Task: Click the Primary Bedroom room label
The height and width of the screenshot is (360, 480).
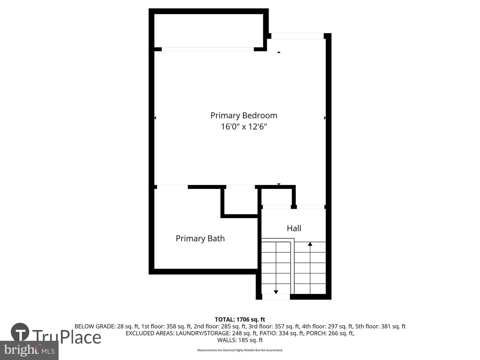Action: click(244, 115)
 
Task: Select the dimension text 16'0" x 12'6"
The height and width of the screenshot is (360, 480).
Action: click(244, 127)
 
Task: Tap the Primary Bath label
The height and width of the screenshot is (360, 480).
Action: click(200, 238)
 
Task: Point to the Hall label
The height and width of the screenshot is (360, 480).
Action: click(294, 228)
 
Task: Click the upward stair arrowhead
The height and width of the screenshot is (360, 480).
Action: click(310, 244)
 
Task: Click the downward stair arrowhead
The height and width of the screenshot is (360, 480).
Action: click(276, 292)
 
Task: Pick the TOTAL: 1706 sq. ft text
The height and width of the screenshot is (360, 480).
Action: click(240, 320)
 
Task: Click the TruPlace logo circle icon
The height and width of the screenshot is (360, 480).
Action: click(20, 332)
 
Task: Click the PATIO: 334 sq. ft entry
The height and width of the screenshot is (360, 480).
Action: click(282, 333)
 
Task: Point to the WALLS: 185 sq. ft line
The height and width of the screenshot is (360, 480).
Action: click(240, 340)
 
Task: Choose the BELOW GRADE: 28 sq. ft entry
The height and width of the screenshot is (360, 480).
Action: click(106, 326)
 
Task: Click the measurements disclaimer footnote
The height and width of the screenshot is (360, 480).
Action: click(240, 350)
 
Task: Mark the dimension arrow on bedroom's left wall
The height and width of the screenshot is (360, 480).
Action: click(155, 118)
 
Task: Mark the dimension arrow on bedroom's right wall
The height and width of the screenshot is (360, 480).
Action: click(325, 118)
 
